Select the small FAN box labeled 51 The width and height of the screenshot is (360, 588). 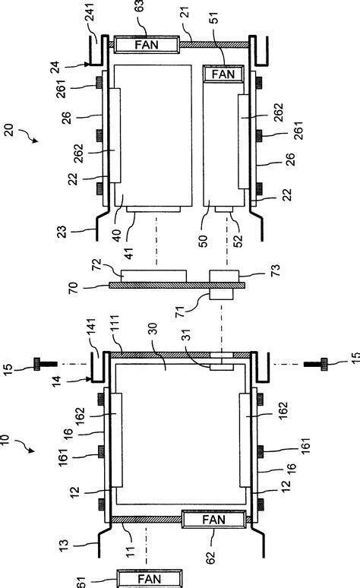[223, 74]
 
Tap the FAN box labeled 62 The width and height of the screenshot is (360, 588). [214, 520]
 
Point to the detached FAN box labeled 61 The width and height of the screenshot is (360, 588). [149, 578]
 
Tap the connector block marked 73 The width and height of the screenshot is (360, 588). [224, 277]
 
